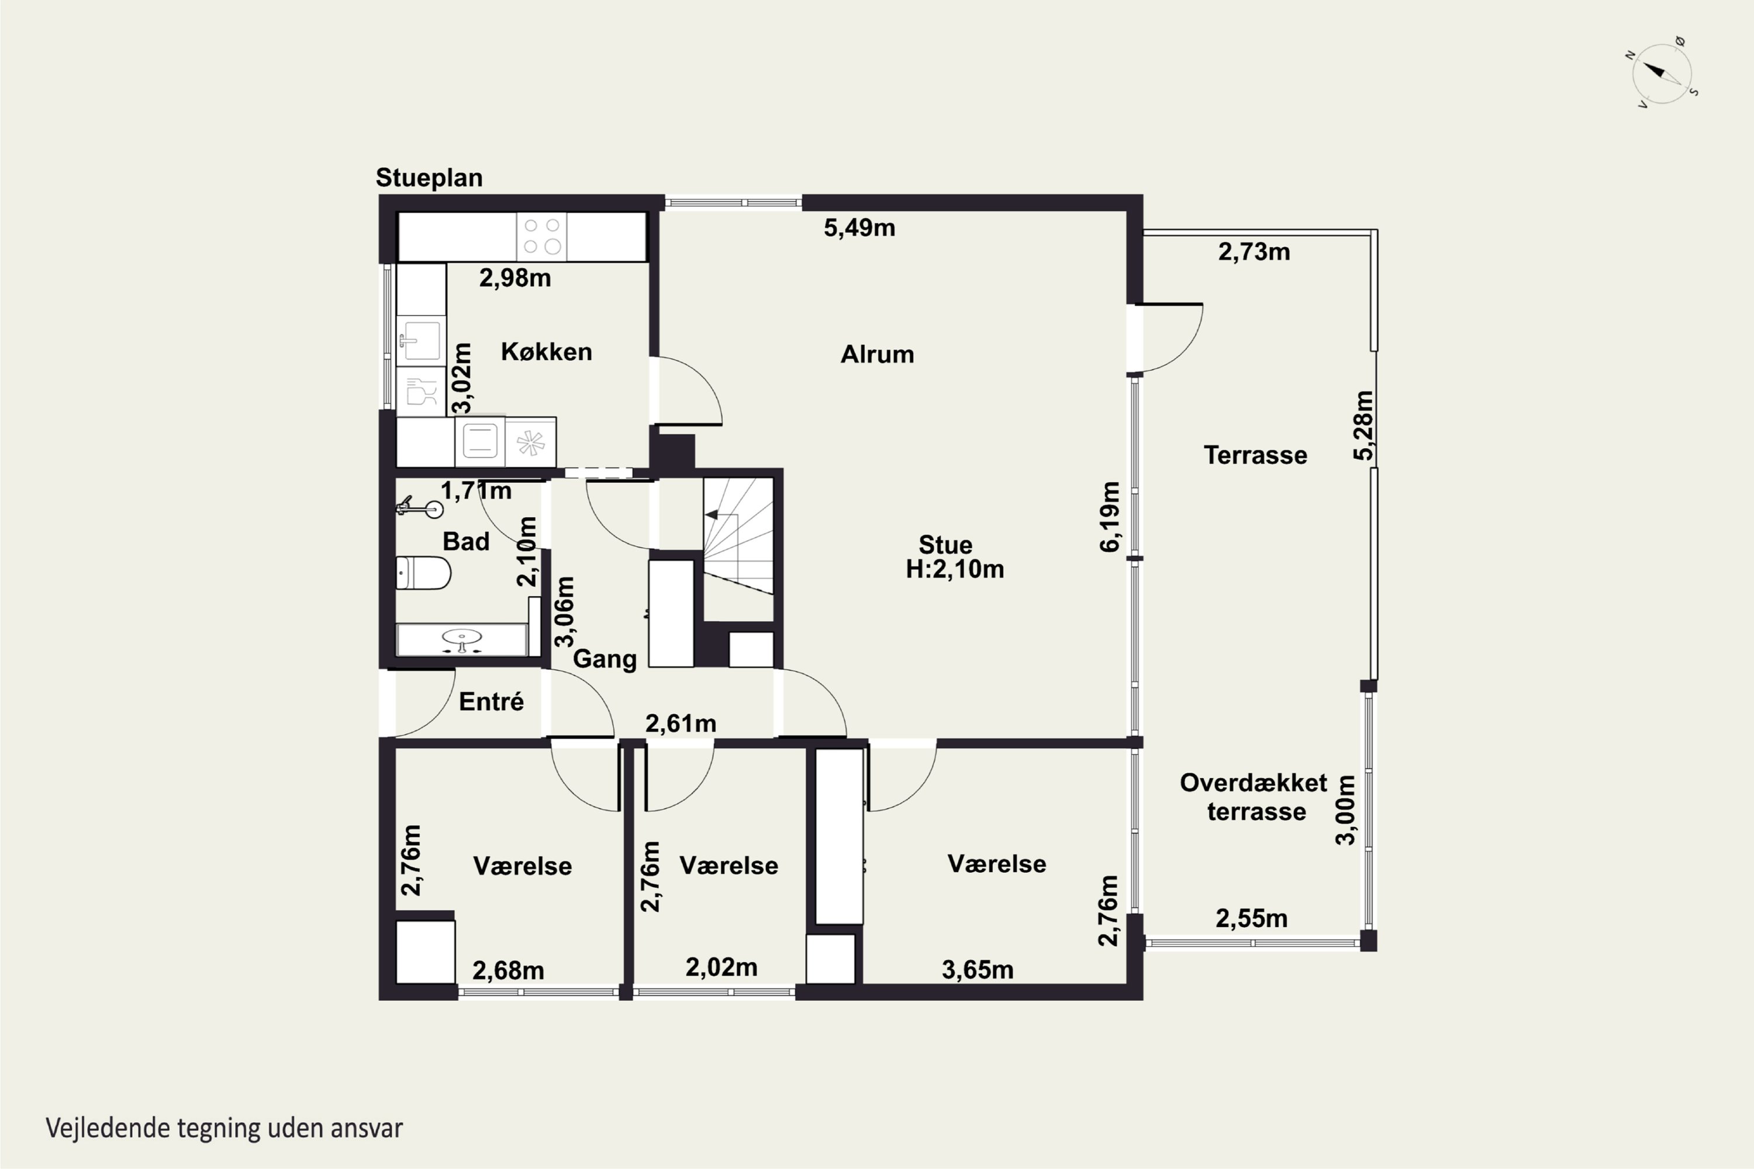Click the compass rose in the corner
pos(1662,73)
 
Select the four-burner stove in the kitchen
pos(541,236)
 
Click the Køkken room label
pos(547,351)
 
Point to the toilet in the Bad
pos(423,573)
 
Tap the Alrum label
pos(877,354)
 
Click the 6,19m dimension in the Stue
pos(1110,517)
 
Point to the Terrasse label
pos(1255,455)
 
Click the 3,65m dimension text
pos(978,969)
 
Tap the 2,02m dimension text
pos(721,967)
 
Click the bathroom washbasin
pos(462,639)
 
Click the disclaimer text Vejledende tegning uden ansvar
pos(224,1128)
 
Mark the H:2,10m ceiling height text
pos(955,569)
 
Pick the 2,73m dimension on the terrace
pos(1254,252)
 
